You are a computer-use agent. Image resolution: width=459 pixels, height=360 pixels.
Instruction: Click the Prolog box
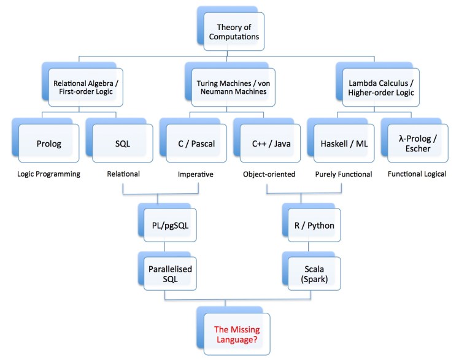pyautogui.click(x=43, y=145)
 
